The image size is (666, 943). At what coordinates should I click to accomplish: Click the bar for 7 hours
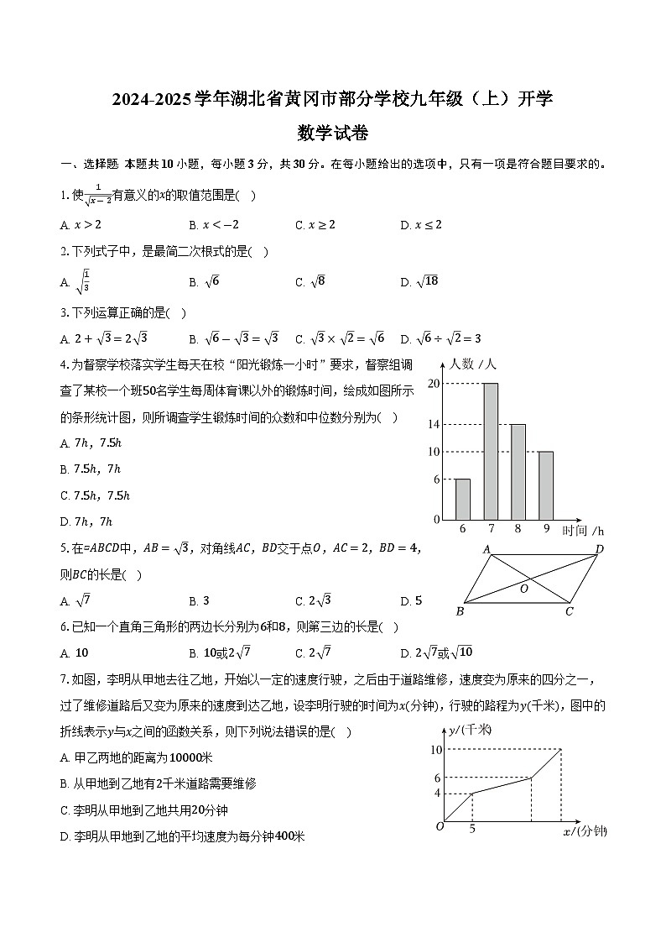tap(491, 451)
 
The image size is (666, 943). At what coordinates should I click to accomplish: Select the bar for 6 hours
tap(462, 499)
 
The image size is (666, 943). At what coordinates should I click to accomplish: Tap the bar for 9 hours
tap(545, 485)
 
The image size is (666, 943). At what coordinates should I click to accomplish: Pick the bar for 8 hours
tap(518, 472)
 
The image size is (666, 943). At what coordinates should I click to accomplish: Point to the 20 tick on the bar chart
tap(434, 383)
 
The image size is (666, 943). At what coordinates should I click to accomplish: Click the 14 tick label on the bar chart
tap(434, 424)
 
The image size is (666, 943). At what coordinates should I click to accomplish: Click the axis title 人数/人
tap(473, 364)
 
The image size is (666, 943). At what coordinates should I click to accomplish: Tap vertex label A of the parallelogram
tap(486, 549)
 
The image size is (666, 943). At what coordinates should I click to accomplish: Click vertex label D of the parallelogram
tap(599, 549)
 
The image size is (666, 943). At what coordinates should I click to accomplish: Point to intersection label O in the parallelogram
tap(524, 589)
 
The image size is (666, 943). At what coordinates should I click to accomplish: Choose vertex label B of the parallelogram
tap(460, 610)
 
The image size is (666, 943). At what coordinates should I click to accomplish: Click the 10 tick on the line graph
tap(435, 749)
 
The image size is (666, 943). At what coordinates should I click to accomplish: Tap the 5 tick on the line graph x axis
tap(472, 830)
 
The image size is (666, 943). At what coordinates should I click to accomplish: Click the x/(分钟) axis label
tap(585, 831)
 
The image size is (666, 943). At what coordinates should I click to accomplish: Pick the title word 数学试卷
tap(333, 133)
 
